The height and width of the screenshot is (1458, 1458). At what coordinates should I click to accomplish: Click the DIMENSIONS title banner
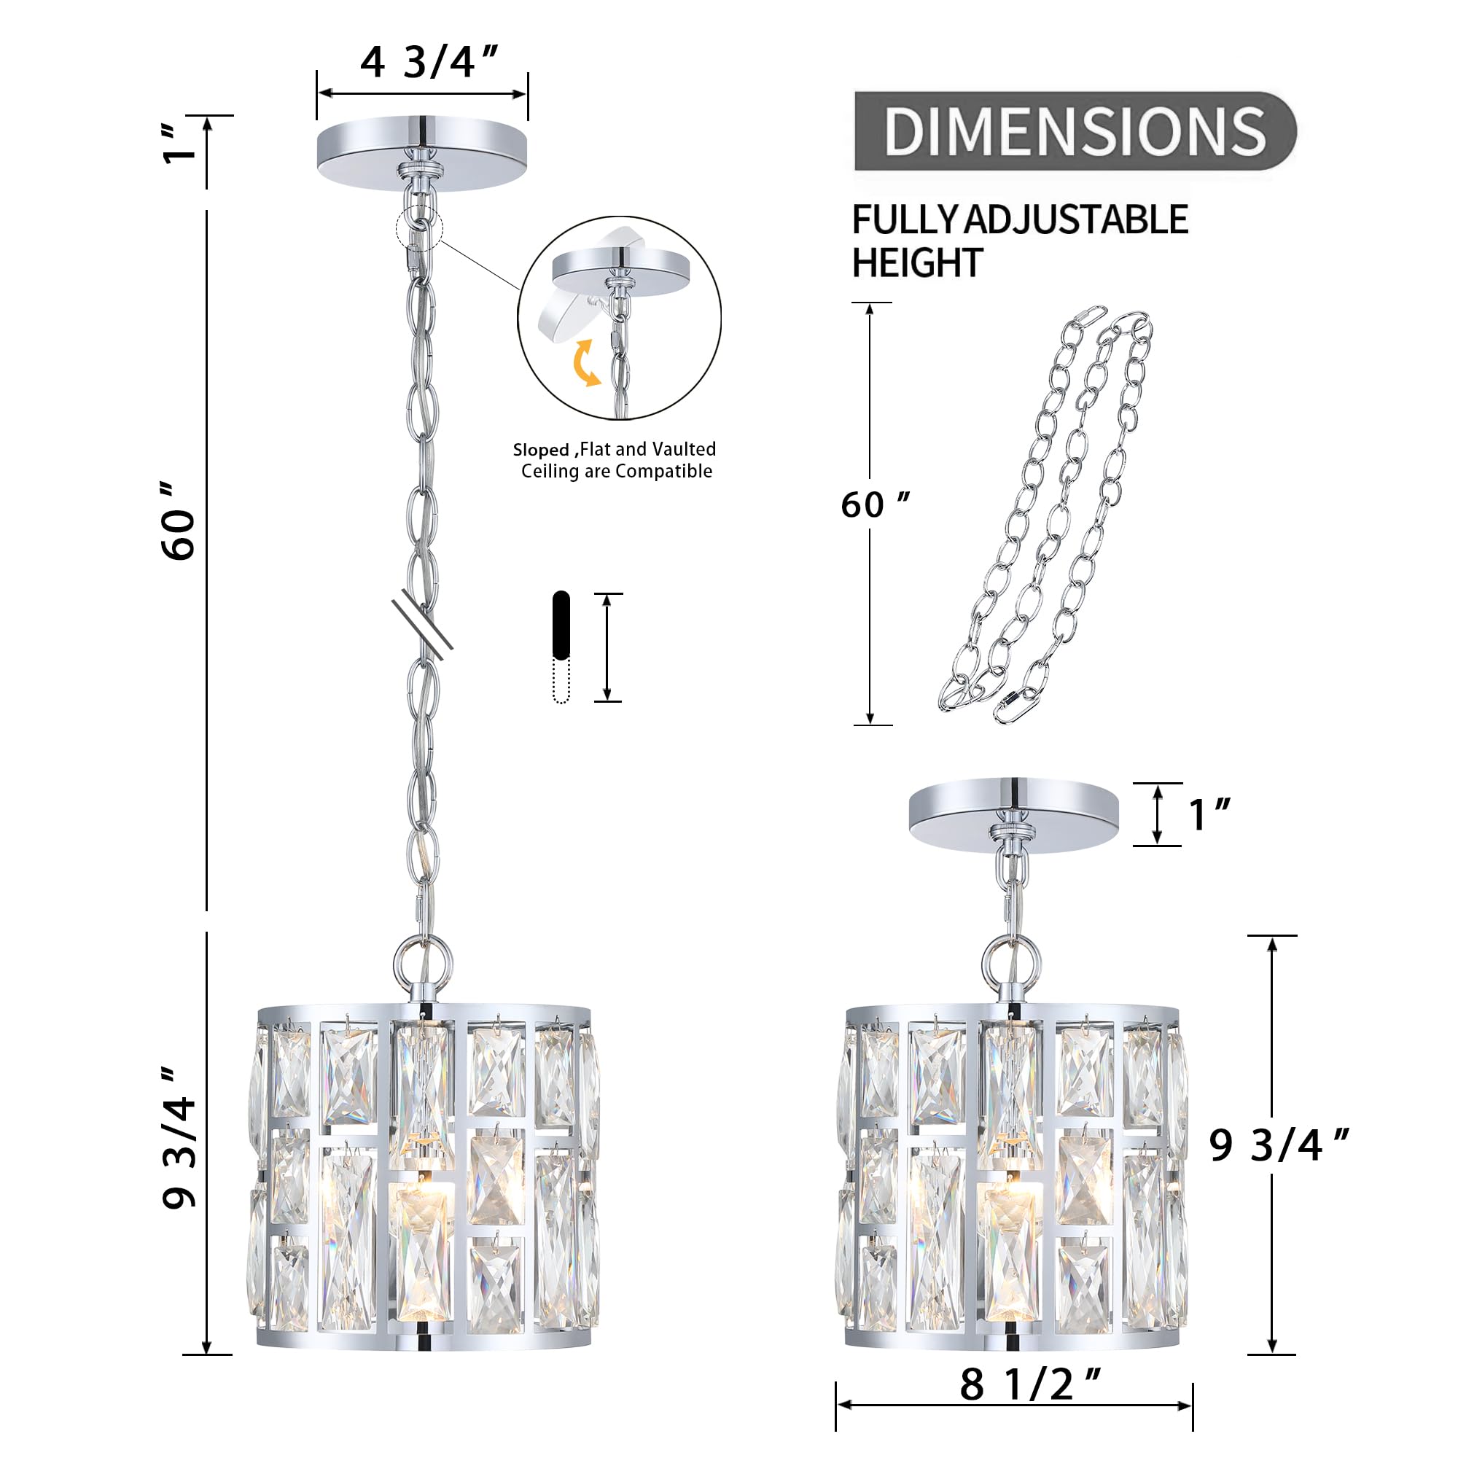[1074, 130]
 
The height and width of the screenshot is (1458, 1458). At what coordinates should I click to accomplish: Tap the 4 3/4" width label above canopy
[428, 62]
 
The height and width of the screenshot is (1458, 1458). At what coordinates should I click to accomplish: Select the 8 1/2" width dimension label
[1030, 1385]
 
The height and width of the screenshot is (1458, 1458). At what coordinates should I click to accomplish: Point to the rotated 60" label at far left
[179, 521]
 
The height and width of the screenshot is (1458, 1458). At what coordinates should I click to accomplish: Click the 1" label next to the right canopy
[1208, 815]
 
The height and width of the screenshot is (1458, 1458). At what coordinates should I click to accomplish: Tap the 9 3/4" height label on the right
[1278, 1145]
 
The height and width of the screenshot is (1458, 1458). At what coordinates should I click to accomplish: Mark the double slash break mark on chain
[422, 624]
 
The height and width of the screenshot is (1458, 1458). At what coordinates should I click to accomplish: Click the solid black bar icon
[561, 625]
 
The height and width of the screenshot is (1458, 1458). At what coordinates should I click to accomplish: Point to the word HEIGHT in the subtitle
[916, 263]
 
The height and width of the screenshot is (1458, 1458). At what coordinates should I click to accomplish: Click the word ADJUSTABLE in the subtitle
[1075, 220]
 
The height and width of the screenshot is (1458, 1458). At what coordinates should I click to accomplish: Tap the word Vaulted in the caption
[684, 449]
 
